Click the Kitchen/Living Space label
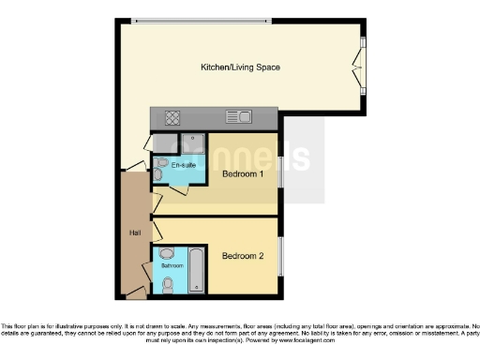(x=241, y=67)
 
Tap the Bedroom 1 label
(x=243, y=173)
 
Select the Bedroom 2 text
(x=243, y=255)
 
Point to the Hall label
(x=134, y=232)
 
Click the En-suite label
(x=171, y=166)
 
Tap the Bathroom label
(x=172, y=266)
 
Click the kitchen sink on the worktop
(x=239, y=117)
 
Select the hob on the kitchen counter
(x=173, y=117)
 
